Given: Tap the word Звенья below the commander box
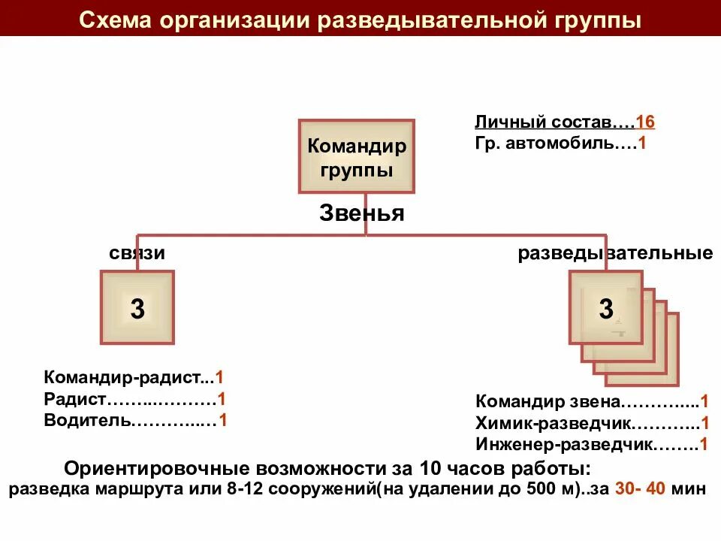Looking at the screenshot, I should point(362,213).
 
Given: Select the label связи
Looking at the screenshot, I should point(137,253).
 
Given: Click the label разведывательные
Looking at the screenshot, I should point(615,253).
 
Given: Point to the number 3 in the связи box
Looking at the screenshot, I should point(137,308).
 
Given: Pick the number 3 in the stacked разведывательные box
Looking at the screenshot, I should point(606,308).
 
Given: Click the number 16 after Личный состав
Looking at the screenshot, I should point(645,122).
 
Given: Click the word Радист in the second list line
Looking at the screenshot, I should point(75,399).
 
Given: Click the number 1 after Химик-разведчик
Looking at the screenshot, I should point(704,422).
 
